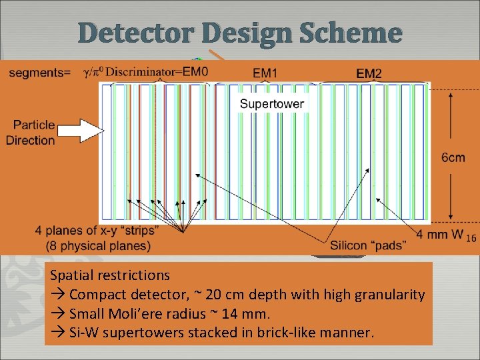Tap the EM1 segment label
coord(266,72)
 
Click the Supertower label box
coord(271,103)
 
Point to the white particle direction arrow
coord(78,131)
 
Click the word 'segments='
coord(37,72)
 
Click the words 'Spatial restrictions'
coord(110,275)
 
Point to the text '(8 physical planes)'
coord(98,245)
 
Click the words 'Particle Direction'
coord(30,133)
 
